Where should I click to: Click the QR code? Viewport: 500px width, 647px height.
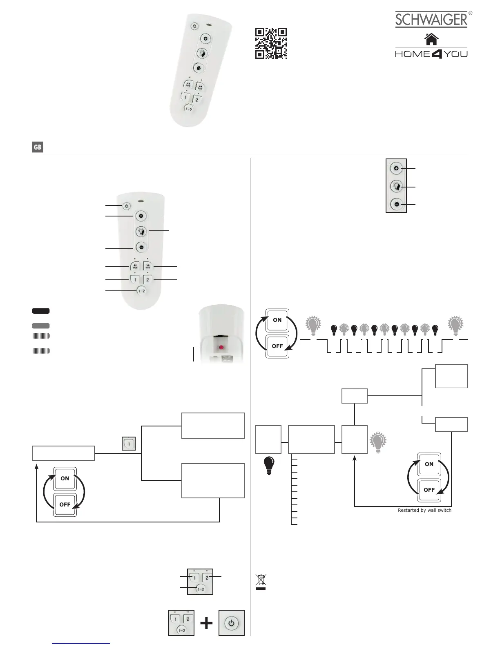271,43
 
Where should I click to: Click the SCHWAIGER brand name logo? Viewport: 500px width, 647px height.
431,20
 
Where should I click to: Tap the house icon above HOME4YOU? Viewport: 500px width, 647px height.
431,39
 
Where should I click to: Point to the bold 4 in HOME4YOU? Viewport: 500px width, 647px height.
437,54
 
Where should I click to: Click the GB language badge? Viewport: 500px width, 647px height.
38,147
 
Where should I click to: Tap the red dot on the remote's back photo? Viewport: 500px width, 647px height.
221,347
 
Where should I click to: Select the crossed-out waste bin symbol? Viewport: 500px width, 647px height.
261,582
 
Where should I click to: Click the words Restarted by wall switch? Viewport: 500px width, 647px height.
424,510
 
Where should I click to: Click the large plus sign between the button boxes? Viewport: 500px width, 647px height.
207,623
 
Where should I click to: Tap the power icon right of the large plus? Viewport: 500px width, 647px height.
232,623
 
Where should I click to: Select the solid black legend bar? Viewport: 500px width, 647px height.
41,311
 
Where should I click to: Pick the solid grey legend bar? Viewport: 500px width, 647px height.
41,326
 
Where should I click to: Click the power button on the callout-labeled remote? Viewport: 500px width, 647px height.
126,206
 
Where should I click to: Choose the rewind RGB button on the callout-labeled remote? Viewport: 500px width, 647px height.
135,266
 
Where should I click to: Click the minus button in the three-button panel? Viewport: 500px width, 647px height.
396,204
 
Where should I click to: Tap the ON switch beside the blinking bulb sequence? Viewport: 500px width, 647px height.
277,320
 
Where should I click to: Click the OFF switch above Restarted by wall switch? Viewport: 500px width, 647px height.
429,490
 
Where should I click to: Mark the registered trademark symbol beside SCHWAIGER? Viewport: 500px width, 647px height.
470,13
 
